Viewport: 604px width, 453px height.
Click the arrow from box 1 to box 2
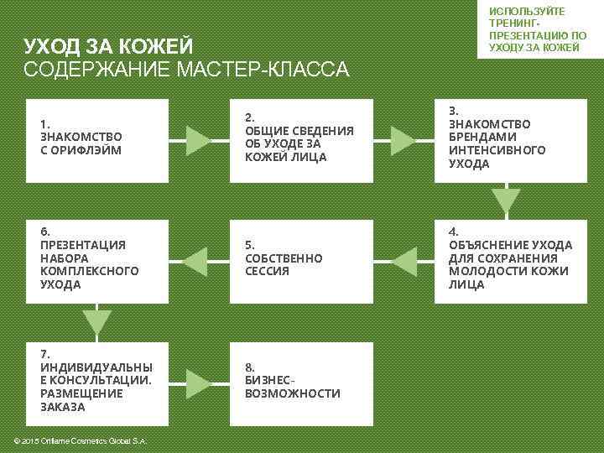pos(198,139)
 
